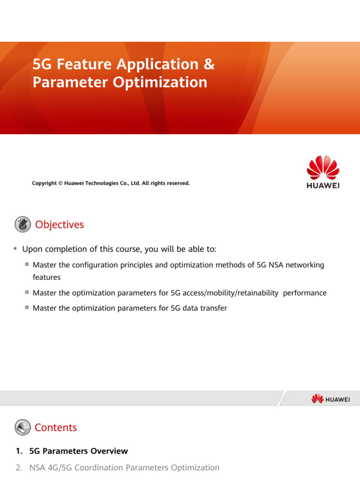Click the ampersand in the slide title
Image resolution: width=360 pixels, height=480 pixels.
point(209,65)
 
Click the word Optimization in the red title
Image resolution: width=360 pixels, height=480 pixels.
point(159,82)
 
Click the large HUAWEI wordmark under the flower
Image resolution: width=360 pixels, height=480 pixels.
point(323,186)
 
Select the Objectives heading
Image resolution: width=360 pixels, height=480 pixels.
point(60,225)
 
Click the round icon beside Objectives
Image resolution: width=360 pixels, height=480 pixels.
point(22,225)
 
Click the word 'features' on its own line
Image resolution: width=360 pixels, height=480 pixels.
point(46,277)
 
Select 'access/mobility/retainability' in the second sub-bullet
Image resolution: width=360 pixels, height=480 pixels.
point(233,293)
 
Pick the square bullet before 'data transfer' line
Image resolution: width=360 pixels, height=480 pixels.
point(27,308)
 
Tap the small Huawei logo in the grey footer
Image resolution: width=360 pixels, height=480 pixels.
point(330,399)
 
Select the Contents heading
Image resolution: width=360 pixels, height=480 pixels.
point(56,427)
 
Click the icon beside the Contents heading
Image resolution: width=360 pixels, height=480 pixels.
point(22,427)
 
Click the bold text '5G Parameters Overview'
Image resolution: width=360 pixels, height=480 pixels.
point(78,451)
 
